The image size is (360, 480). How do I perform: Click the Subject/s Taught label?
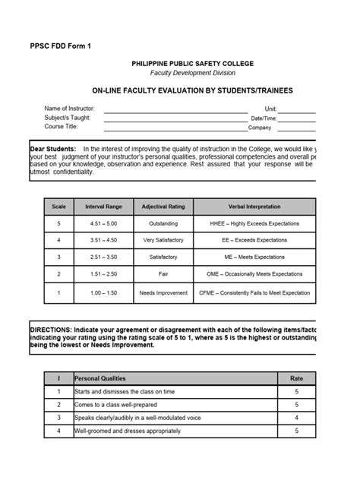[68, 118]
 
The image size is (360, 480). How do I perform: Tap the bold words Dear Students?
[53, 148]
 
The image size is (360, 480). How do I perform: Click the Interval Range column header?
[103, 207]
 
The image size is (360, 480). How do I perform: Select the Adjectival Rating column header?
[163, 207]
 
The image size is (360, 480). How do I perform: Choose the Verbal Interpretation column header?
[254, 207]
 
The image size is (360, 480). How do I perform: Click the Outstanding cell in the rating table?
[163, 224]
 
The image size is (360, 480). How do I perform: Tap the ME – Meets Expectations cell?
[254, 258]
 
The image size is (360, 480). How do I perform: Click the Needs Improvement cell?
[163, 292]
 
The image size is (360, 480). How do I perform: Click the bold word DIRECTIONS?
[49, 330]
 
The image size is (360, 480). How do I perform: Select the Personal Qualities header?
[100, 377]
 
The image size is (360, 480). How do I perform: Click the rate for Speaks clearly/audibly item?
[295, 418]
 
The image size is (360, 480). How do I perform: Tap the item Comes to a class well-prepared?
[119, 405]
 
